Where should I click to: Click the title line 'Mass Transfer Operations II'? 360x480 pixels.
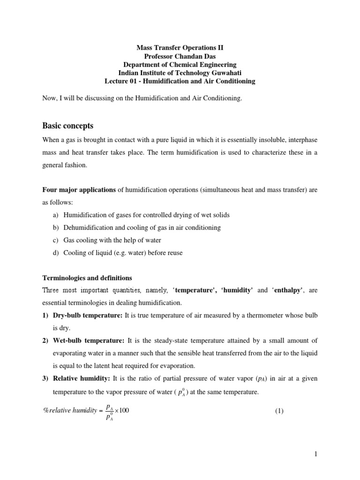(x=180, y=47)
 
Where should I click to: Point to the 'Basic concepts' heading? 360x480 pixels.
(x=67, y=126)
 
